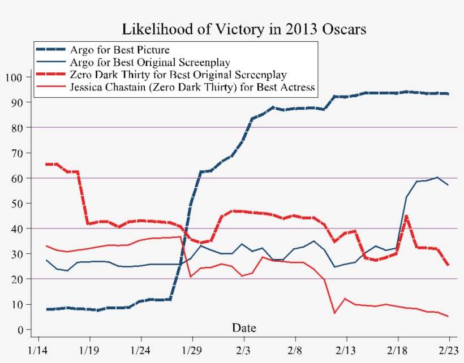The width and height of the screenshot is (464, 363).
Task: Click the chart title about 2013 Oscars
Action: click(244, 29)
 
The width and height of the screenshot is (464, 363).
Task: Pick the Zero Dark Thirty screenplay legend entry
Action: click(177, 75)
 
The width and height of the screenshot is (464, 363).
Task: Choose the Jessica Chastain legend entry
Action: click(191, 87)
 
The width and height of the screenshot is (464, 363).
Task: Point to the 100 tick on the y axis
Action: click(15, 77)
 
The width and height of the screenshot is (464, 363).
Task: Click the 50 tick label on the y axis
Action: click(17, 204)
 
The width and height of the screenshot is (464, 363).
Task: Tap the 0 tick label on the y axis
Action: click(20, 330)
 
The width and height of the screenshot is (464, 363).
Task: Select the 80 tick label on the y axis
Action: click(17, 128)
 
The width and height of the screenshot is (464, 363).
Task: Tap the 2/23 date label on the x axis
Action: click(449, 350)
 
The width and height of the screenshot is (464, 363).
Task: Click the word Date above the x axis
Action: click(244, 328)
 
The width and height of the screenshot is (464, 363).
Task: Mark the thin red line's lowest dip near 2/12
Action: click(334, 313)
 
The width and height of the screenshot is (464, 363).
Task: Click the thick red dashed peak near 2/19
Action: click(406, 216)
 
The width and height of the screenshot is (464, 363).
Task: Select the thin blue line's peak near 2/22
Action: click(437, 178)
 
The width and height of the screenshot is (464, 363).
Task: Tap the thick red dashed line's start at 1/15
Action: click(47, 164)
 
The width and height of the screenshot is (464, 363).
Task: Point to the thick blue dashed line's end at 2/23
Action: click(448, 94)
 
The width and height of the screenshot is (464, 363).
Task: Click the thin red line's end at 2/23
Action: click(448, 316)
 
